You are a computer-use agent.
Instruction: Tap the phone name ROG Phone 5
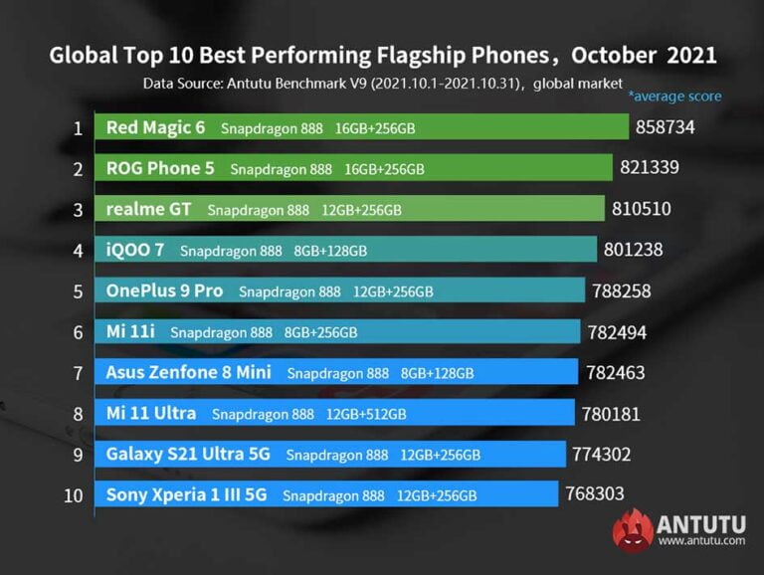(x=160, y=168)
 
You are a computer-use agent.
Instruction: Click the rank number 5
(x=77, y=291)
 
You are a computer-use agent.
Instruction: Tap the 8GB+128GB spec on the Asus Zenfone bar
(x=437, y=373)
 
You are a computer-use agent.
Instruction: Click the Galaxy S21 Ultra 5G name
(x=188, y=454)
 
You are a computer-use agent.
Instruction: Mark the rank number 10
(x=74, y=494)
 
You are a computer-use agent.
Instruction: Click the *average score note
(x=674, y=96)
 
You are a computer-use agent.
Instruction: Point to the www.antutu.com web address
(x=700, y=541)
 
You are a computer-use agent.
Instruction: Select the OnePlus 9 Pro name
(x=164, y=290)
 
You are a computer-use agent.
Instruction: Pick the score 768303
(x=594, y=493)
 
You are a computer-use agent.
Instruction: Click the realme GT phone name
(x=150, y=209)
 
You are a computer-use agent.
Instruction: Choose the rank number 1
(x=77, y=127)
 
